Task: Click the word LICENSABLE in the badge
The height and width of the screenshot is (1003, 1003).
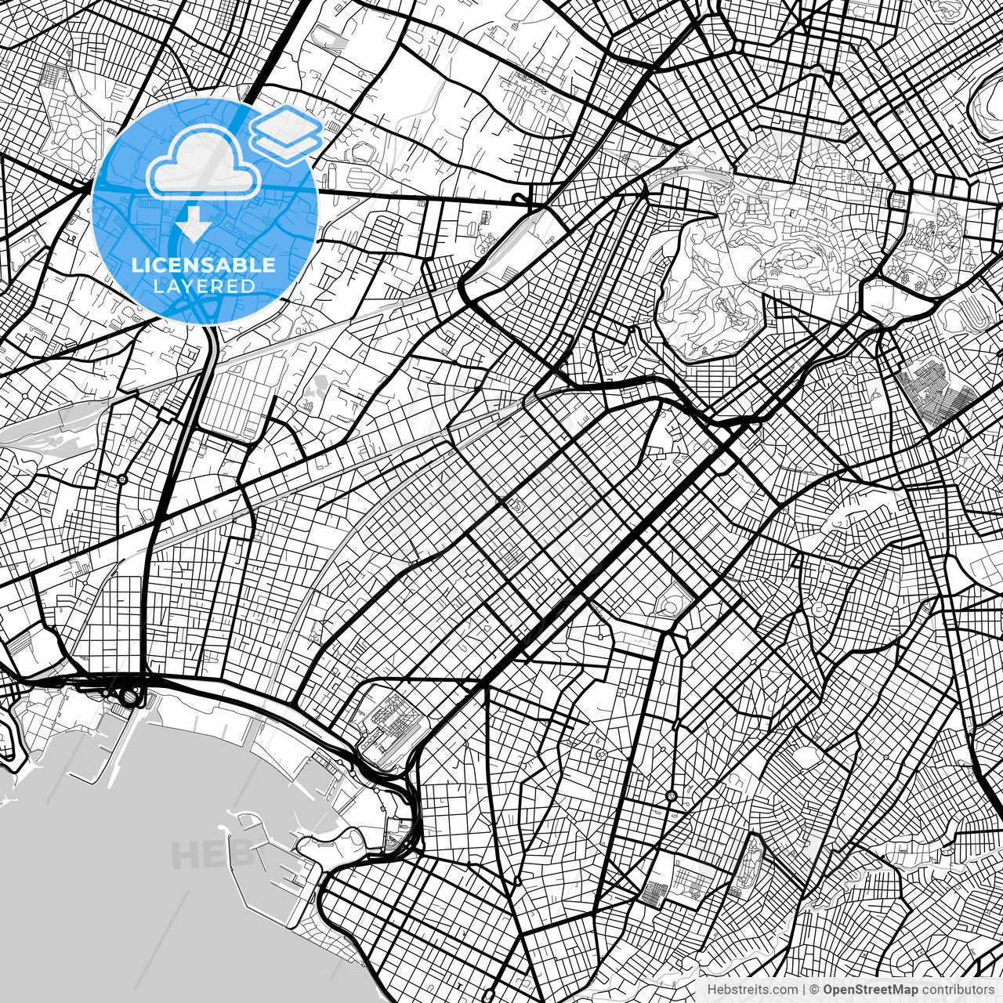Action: point(204,265)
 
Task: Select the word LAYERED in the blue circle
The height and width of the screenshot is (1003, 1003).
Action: point(204,286)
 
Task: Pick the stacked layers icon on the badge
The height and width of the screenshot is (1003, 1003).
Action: point(287,133)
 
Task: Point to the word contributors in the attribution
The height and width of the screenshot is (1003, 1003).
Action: point(958,989)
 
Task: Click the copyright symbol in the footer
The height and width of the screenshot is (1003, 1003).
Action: point(814,989)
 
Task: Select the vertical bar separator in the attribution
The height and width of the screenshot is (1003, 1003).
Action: point(804,989)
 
